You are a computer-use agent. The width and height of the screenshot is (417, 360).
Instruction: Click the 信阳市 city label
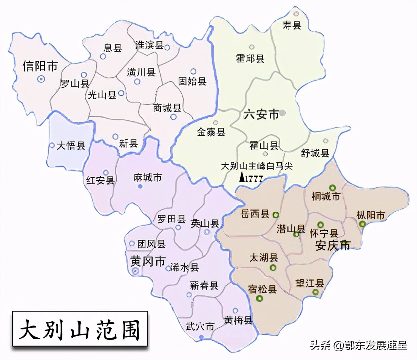click(40, 66)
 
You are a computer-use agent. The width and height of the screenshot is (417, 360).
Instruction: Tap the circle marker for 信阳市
click(41, 79)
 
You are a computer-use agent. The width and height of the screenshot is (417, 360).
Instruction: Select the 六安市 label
click(261, 114)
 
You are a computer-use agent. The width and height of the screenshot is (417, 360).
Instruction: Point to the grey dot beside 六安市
click(283, 112)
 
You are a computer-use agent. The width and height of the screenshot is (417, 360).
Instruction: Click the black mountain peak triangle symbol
click(242, 177)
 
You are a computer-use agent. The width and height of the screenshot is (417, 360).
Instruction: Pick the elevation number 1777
click(254, 179)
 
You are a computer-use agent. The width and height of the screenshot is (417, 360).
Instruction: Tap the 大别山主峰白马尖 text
click(256, 166)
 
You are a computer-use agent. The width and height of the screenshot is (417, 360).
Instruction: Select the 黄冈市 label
click(148, 261)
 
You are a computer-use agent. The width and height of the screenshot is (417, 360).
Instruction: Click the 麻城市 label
click(148, 177)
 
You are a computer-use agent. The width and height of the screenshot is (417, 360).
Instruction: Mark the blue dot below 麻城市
click(140, 186)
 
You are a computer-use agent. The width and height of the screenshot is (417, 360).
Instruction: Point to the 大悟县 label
click(71, 146)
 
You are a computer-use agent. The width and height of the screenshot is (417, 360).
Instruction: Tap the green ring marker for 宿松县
click(259, 299)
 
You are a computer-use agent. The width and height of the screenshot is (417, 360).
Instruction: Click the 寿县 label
click(292, 26)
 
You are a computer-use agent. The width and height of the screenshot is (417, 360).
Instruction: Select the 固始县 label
click(192, 81)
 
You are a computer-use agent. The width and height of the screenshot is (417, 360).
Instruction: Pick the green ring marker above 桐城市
click(332, 188)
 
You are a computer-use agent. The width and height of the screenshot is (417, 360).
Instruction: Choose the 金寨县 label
click(211, 132)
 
